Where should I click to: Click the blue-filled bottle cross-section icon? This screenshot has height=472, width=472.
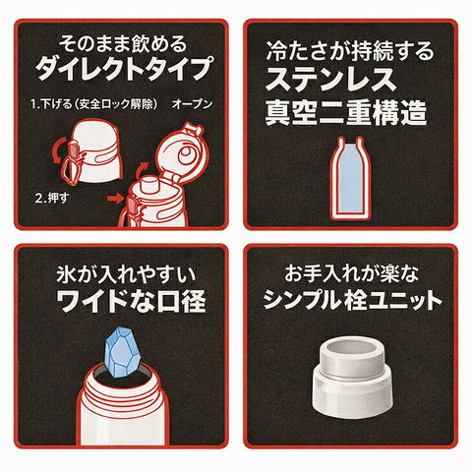(351, 178)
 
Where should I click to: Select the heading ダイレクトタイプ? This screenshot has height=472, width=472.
(122, 68)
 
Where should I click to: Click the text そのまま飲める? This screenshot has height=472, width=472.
(122, 43)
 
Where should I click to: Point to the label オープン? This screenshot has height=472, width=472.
(192, 104)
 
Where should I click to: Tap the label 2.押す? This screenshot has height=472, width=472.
(52, 198)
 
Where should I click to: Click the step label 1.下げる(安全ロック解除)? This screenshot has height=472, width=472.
(93, 104)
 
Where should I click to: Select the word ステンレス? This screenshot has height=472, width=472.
(331, 80)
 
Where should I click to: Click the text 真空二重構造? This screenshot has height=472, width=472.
(346, 113)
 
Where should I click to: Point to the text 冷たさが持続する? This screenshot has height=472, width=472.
(349, 51)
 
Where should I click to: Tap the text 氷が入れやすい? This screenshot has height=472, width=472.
(126, 274)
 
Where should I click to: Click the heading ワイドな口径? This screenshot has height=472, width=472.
(131, 301)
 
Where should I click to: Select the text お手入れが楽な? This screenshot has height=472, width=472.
(351, 274)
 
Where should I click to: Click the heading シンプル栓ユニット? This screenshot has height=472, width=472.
(353, 300)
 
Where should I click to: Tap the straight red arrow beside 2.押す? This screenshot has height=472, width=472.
(115, 198)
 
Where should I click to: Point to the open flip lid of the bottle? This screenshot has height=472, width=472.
(179, 152)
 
